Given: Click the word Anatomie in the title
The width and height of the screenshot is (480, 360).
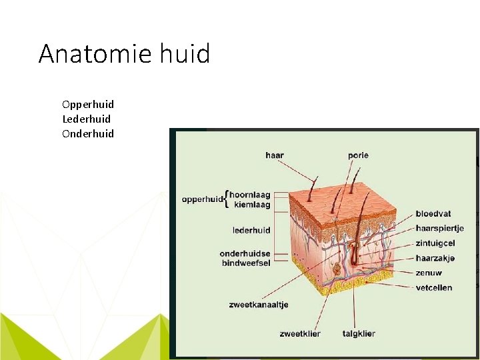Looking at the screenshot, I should [x=93, y=53].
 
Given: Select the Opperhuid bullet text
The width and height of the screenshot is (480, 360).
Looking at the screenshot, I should [x=88, y=104].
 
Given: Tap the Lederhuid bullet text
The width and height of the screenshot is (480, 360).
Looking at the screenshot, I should [x=87, y=119].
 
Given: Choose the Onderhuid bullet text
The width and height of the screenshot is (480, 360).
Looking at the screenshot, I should [x=88, y=133].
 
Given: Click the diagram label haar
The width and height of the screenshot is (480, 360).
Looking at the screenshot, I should [x=275, y=155].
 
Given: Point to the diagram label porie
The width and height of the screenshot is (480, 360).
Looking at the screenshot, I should [x=358, y=155].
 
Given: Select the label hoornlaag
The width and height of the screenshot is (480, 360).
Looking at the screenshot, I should [x=250, y=195].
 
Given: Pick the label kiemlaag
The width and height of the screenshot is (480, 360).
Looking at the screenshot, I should [x=252, y=205].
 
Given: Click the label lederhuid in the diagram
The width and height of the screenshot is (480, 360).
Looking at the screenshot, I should [x=251, y=230].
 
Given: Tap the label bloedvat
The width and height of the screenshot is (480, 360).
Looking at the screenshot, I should [x=433, y=214].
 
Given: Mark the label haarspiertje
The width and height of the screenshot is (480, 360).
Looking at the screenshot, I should [x=439, y=229].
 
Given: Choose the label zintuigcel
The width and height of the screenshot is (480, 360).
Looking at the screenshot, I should [x=435, y=243].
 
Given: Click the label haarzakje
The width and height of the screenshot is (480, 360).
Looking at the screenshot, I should [x=435, y=258].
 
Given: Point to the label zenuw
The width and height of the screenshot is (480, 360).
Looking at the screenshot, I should [x=429, y=273].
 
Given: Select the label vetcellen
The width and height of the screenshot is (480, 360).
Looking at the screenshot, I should [x=434, y=288].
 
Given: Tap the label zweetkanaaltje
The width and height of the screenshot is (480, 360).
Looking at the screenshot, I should [x=258, y=305].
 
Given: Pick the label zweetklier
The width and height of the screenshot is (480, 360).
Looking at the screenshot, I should [x=300, y=333].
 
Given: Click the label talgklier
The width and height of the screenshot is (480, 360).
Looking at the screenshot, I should [x=359, y=333].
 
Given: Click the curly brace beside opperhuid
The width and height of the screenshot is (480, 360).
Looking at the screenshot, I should [x=227, y=199].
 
